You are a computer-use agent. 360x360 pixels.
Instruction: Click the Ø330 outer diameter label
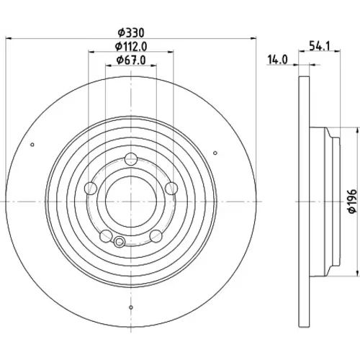pos(131,32)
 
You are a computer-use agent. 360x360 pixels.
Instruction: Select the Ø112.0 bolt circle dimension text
pos(131,46)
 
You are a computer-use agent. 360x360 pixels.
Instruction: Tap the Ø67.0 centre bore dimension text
pos(131,60)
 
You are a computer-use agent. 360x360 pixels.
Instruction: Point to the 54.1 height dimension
pos(320,45)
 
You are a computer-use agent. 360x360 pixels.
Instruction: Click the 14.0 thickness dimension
pos(277,60)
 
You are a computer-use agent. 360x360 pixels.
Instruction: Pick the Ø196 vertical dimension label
pos(352,201)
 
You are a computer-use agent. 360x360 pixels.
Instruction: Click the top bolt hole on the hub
pos(131,158)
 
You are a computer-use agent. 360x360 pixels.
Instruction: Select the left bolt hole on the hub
pos(91,188)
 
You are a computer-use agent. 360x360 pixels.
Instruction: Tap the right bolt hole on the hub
pos(171,188)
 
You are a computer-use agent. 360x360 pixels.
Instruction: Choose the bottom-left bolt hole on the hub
pos(106,235)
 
